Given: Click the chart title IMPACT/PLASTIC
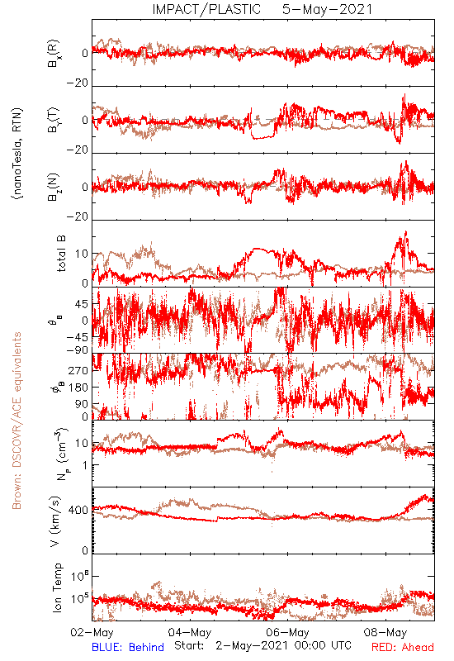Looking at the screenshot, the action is pyautogui.click(x=206, y=9).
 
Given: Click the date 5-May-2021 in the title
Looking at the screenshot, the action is pyautogui.click(x=327, y=9).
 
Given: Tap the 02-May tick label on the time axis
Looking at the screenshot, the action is pyautogui.click(x=92, y=632).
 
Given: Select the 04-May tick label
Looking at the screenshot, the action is pyautogui.click(x=190, y=632).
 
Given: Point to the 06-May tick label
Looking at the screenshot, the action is pyautogui.click(x=288, y=632).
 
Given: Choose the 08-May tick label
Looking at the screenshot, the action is pyautogui.click(x=385, y=632).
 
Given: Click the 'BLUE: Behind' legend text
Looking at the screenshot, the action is pyautogui.click(x=128, y=647).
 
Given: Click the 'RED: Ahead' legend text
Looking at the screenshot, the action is pyautogui.click(x=403, y=647).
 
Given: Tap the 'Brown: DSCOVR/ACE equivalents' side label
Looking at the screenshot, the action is pyautogui.click(x=17, y=421).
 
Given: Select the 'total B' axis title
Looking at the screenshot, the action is pyautogui.click(x=61, y=254).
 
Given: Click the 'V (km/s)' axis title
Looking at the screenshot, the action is pyautogui.click(x=54, y=521).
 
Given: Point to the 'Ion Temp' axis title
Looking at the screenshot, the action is pyautogui.click(x=57, y=587).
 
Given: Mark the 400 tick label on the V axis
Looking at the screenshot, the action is pyautogui.click(x=78, y=511).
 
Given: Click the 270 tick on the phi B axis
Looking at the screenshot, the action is pyautogui.click(x=78, y=370).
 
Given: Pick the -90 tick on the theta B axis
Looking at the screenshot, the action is pyautogui.click(x=78, y=350).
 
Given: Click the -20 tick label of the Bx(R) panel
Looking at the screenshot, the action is pyautogui.click(x=78, y=83).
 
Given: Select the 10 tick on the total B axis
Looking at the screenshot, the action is pyautogui.click(x=82, y=254).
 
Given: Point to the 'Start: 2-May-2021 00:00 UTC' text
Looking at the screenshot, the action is pyautogui.click(x=262, y=646).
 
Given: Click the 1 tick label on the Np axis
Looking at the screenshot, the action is pyautogui.click(x=86, y=465).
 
